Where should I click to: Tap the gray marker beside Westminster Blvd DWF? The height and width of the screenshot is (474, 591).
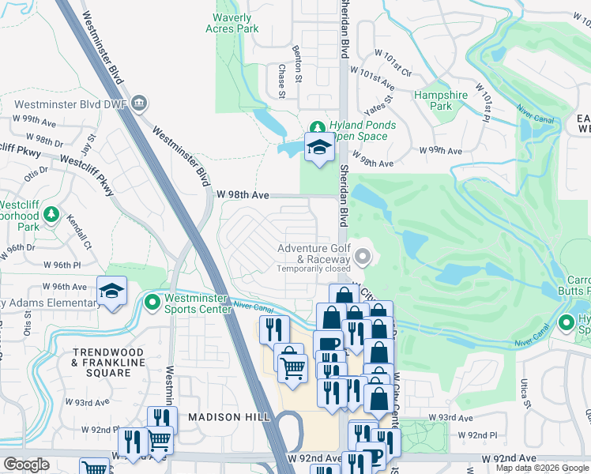(x=140, y=103)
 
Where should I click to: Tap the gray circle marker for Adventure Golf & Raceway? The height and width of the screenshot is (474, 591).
(x=363, y=255)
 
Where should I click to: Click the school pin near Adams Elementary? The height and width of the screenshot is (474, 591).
(x=112, y=292)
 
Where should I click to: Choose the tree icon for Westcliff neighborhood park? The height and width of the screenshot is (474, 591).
(x=51, y=214)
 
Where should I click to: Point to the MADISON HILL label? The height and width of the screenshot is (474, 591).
(x=219, y=416)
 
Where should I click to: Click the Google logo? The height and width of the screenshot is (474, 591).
(x=26, y=465)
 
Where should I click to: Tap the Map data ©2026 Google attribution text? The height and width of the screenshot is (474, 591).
(x=541, y=468)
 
